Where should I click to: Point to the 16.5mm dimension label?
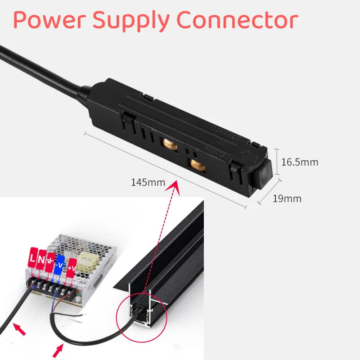point(299,162)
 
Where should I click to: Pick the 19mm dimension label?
point(287,198)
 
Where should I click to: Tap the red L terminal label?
point(33,259)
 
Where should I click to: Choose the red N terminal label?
point(42,259)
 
